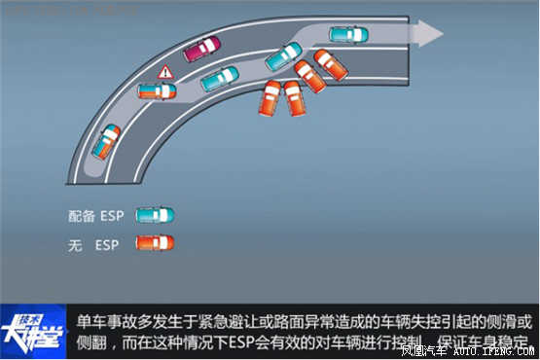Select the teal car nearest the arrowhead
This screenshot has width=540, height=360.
click(x=348, y=34)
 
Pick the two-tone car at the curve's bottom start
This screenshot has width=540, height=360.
click(x=107, y=141)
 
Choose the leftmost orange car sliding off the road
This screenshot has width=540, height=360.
click(x=270, y=98)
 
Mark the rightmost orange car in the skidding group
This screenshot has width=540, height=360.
click(x=331, y=64)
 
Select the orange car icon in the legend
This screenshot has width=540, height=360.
click(x=155, y=242)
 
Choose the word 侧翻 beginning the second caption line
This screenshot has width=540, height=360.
click(x=92, y=344)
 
